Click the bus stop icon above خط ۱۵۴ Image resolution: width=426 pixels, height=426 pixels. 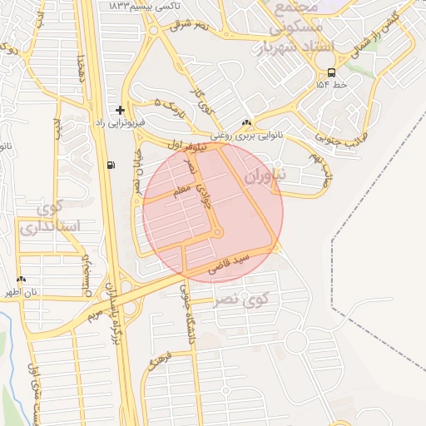[x=331, y=72]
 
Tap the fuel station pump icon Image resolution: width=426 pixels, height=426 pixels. [x=111, y=164]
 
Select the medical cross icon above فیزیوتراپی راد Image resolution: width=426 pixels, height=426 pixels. [x=121, y=109]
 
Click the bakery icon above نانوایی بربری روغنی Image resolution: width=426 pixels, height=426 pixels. [x=247, y=121]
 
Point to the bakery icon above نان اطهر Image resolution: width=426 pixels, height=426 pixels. [x=22, y=280]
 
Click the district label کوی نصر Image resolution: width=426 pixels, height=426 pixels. [x=238, y=296]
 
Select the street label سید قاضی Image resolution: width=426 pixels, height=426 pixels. [x=230, y=264]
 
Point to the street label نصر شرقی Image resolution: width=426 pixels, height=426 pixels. [x=189, y=25]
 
